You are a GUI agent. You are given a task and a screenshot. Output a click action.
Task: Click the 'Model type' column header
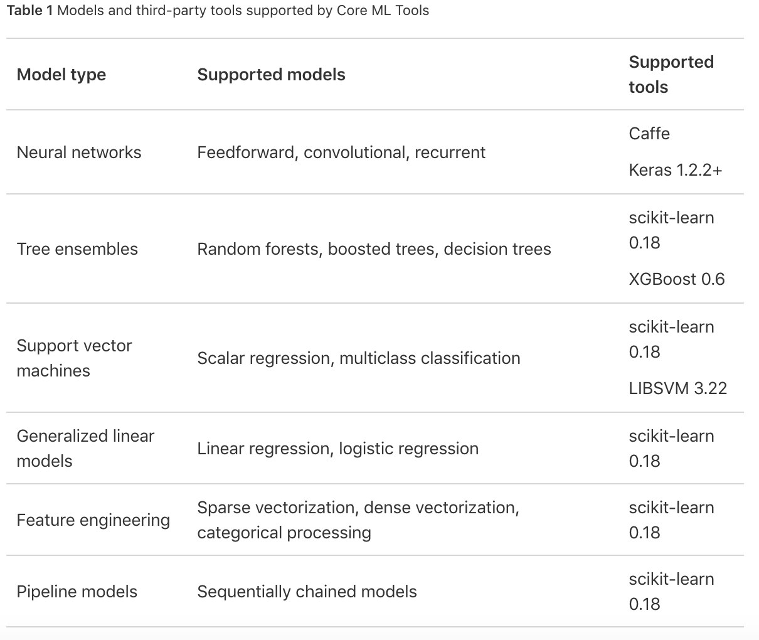coord(61,75)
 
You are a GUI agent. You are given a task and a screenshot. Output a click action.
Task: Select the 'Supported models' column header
coord(271,75)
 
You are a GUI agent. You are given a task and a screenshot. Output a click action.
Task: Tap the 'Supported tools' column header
coord(671,75)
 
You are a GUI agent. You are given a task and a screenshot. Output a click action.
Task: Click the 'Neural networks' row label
coord(79,152)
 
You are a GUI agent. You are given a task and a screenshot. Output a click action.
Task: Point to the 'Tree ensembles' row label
coord(77,249)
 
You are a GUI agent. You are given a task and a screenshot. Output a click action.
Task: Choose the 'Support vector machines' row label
coord(74,358)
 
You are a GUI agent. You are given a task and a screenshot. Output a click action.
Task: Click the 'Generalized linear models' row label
coord(85,449)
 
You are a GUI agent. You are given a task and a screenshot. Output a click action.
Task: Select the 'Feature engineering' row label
coord(93,520)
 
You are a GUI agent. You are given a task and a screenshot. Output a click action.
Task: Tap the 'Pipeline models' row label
coord(77,592)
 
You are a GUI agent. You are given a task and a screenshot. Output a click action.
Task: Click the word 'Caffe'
coord(649,134)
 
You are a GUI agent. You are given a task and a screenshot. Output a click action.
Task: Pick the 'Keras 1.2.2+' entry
coord(676,170)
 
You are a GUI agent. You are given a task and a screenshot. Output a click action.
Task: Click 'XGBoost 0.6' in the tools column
coord(677,279)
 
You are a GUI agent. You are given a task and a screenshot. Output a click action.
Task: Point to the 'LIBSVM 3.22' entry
coord(678,388)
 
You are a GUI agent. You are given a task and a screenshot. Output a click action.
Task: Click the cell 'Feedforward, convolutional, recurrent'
coord(341,152)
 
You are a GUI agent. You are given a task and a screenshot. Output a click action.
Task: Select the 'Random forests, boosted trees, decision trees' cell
coord(374,249)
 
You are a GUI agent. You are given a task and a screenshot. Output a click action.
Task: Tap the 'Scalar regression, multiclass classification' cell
coord(359,358)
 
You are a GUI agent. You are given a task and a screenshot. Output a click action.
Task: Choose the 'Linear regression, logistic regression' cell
coord(337,449)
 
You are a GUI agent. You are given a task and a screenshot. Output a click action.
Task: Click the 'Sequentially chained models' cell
coord(307,592)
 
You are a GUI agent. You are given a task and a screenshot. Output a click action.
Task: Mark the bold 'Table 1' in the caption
coord(30,11)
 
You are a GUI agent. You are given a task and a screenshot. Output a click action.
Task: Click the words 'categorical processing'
coord(284,533)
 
